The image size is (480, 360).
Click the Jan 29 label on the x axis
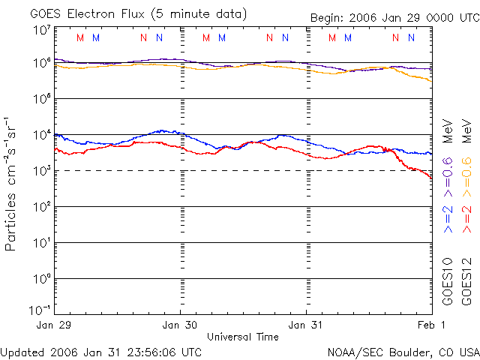[53, 325]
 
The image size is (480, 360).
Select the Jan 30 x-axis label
[181, 325]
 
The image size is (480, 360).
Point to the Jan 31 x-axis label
[307, 325]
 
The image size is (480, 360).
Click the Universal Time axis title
[243, 337]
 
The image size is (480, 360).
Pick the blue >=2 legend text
[448, 217]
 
